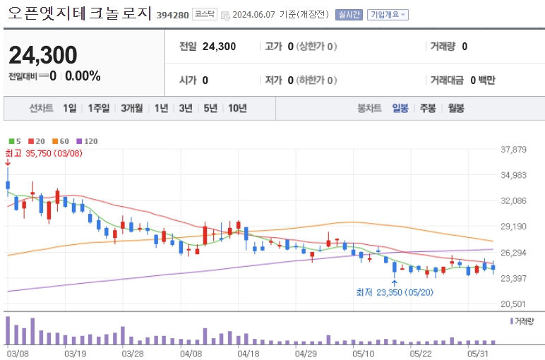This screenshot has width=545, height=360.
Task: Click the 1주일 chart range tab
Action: (99, 108)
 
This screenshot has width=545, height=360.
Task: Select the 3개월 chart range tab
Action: (131, 108)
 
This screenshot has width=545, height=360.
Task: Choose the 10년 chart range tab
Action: (236, 108)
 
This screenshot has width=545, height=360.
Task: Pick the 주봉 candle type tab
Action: (428, 108)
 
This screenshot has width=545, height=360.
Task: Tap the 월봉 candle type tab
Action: (456, 108)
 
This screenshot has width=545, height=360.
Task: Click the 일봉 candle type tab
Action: (400, 108)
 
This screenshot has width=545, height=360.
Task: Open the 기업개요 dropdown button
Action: (387, 14)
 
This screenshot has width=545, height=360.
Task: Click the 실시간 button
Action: (349, 14)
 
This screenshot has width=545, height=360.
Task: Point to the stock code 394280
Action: (172, 15)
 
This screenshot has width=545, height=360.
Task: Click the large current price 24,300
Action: (43, 54)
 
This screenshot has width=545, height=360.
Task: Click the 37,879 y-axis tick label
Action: (513, 149)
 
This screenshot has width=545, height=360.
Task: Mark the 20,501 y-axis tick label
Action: (513, 304)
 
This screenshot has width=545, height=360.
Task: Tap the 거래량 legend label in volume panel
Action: (524, 320)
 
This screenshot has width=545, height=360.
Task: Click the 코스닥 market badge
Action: (205, 14)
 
